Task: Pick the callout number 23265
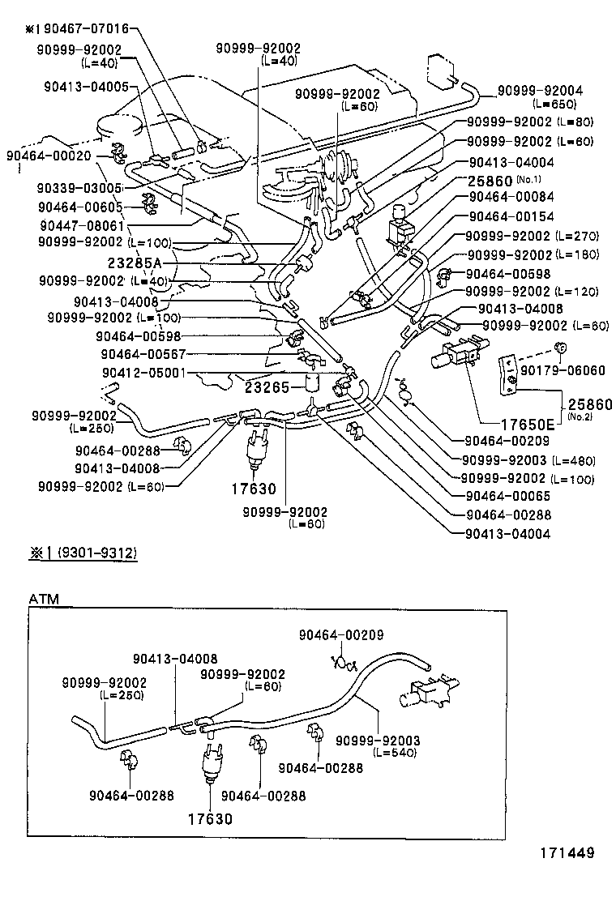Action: coord(267,387)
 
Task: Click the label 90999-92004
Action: coord(539,92)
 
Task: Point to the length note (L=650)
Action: coord(555,105)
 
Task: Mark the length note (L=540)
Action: coord(395,753)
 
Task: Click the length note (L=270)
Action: coord(577,237)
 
